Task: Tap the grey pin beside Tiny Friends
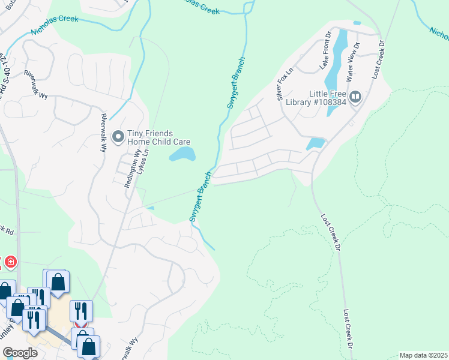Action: coord(118,137)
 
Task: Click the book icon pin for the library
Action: coord(355,97)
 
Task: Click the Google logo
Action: coord(19,353)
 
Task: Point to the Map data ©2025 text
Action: coord(423,355)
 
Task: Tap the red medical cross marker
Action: coord(10,262)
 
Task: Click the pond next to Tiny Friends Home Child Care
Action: coord(182,155)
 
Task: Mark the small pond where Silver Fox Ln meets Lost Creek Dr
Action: coord(315,143)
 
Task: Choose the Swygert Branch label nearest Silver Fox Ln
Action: coord(236,88)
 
